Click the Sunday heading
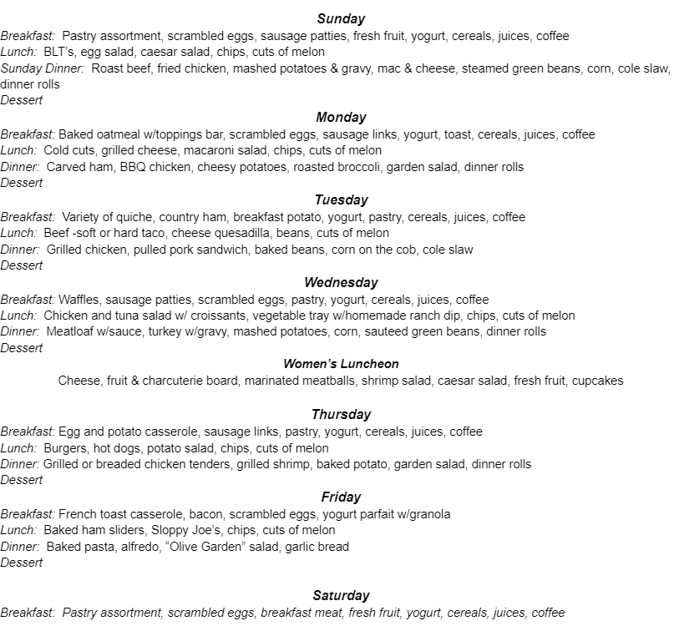[341, 18]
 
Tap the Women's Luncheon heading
[341, 364]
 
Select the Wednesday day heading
[341, 282]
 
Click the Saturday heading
[341, 595]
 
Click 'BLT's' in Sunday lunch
[59, 52]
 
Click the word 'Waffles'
[79, 299]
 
